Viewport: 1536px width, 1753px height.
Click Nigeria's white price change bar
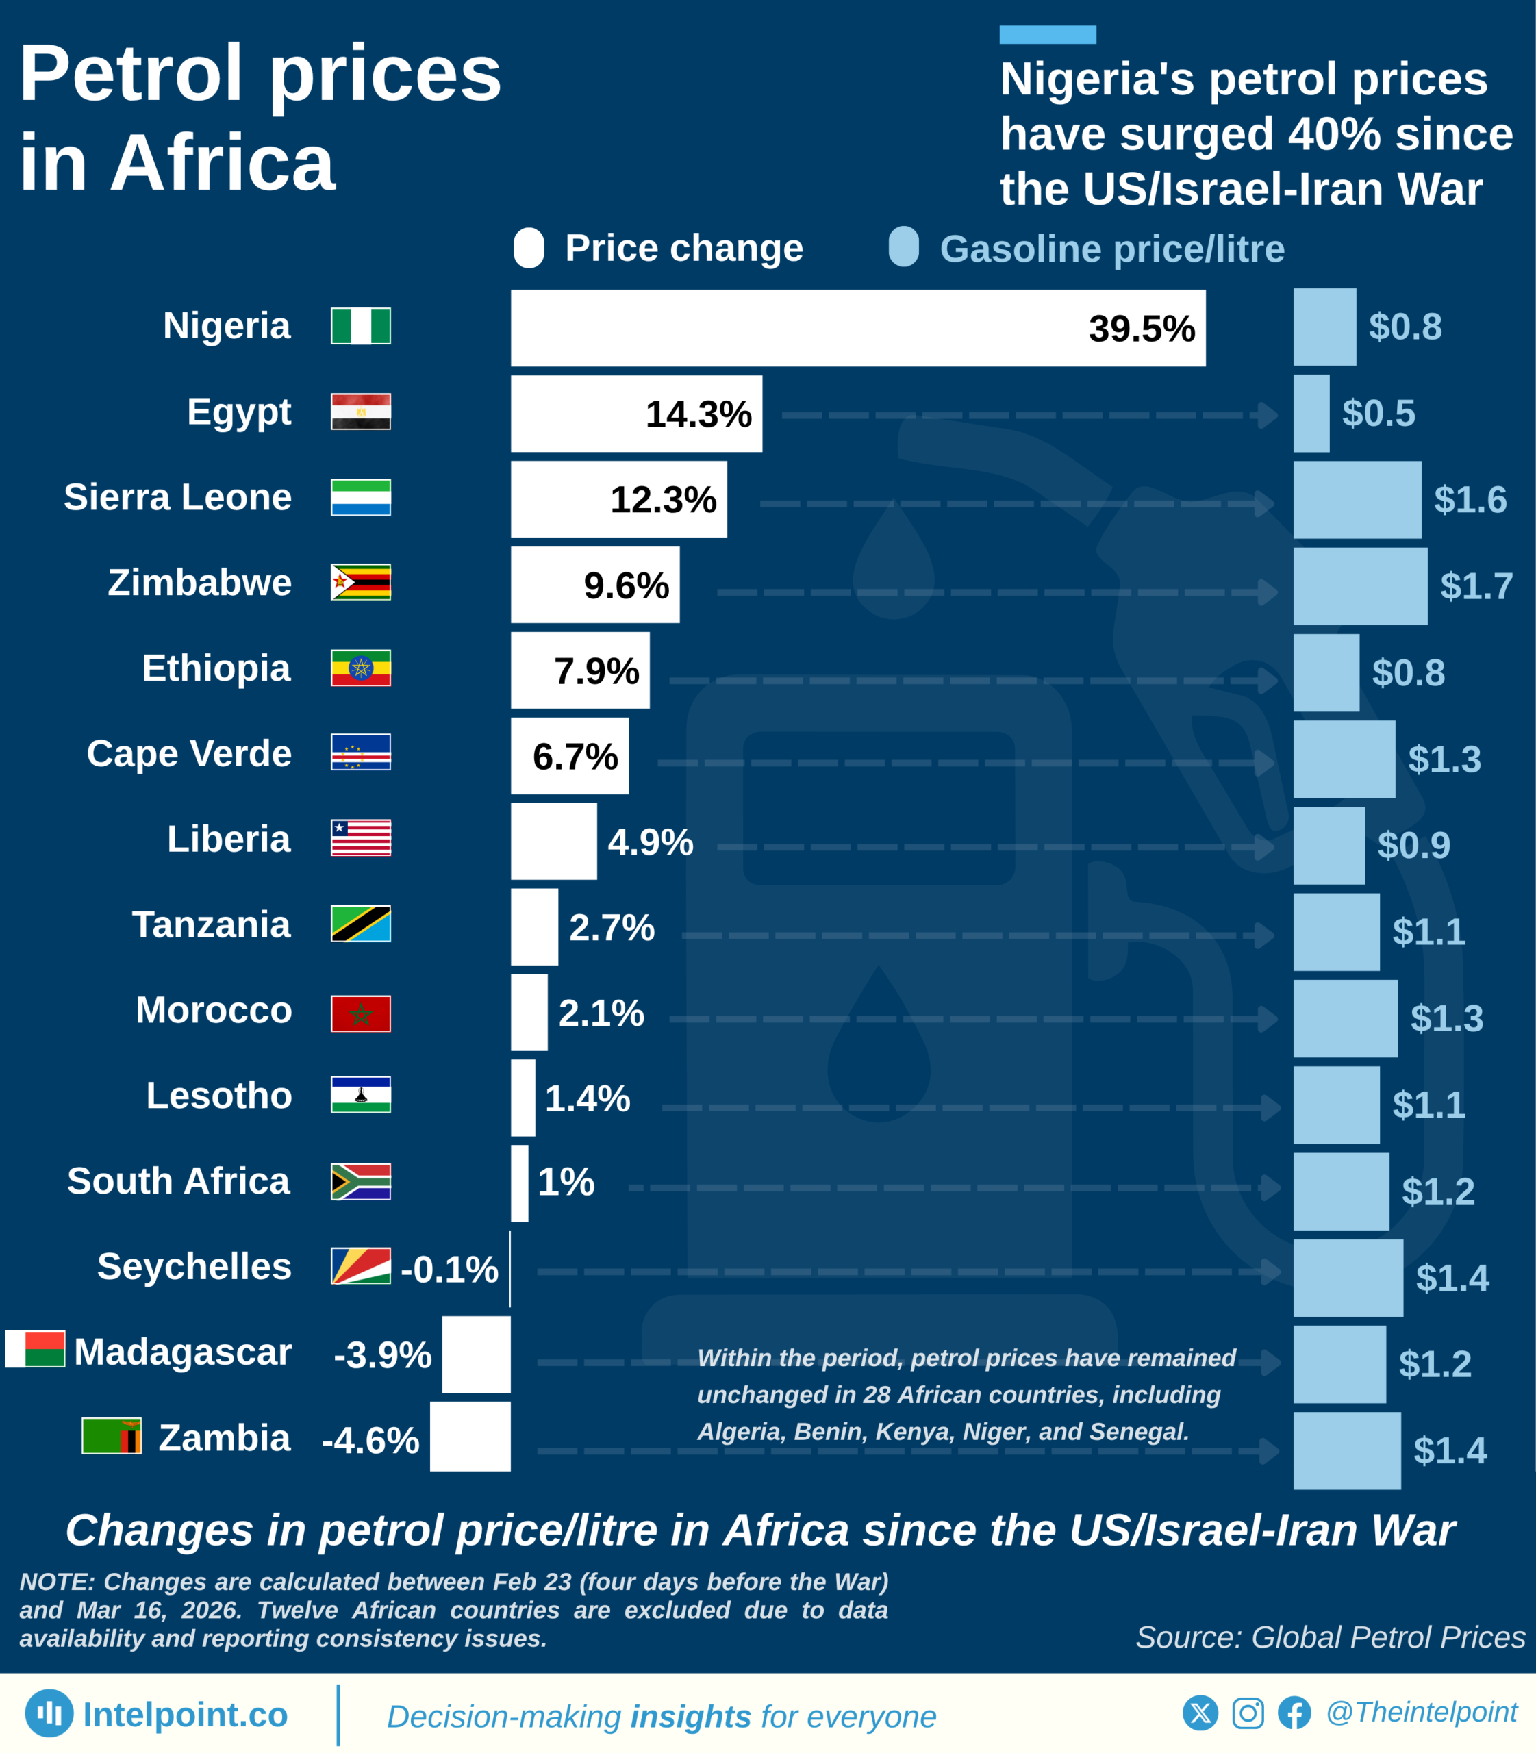(x=857, y=327)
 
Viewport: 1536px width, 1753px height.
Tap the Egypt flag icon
(x=361, y=412)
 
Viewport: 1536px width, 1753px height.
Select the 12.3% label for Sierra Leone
(x=663, y=500)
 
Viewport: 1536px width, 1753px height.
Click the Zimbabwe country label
(x=200, y=583)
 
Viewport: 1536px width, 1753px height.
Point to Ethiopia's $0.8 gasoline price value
(x=1409, y=673)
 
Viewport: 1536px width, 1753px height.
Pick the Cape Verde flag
(x=361, y=752)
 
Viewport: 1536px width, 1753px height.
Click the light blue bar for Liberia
(x=1329, y=845)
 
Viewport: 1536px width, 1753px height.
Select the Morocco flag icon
(x=361, y=1013)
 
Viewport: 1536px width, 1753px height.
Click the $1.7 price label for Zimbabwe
(x=1476, y=586)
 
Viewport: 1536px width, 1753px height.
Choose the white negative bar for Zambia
(x=470, y=1437)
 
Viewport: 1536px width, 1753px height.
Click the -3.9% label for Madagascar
(x=382, y=1355)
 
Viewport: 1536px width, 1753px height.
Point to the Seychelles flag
(x=361, y=1266)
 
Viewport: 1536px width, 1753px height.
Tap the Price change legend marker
(x=529, y=249)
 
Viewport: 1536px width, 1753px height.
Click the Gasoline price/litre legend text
(x=1111, y=249)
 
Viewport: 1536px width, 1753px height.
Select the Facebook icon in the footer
(x=1294, y=1713)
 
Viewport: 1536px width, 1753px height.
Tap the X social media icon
(x=1200, y=1713)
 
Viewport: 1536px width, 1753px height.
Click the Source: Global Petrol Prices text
(x=1331, y=1637)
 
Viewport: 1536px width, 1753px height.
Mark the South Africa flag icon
(x=361, y=1181)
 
